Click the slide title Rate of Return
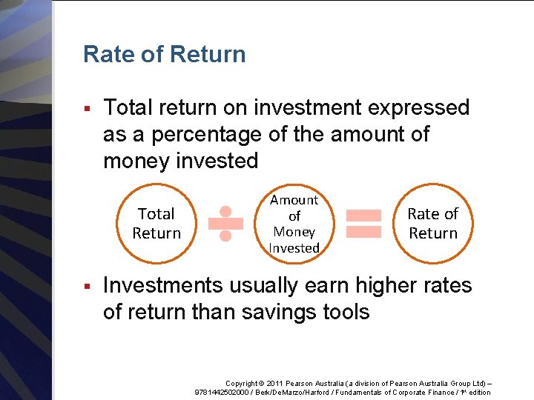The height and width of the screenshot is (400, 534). (164, 54)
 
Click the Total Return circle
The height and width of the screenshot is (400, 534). (156, 223)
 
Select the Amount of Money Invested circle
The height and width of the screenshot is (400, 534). (294, 224)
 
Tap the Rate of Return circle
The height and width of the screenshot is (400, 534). (433, 223)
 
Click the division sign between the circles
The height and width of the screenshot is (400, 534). (226, 223)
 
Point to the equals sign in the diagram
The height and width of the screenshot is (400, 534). (364, 223)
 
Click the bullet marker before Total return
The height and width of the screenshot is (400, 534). (88, 109)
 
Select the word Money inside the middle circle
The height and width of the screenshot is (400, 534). (294, 232)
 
